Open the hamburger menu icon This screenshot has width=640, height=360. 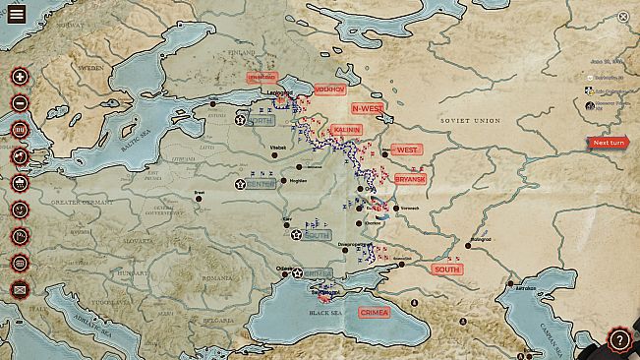tap(17, 15)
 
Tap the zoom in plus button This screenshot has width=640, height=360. tap(20, 77)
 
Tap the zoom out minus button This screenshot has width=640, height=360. tap(20, 103)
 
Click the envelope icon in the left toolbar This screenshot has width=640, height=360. tap(20, 289)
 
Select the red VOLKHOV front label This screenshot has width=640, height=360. tap(329, 90)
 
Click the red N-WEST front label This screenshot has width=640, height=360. tap(367, 107)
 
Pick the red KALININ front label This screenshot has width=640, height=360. tap(346, 130)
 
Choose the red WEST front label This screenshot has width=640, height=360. tap(406, 150)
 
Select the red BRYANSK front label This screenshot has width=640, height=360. tap(410, 179)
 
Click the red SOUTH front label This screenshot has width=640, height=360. tap(445, 270)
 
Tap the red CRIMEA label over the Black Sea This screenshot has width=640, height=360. tap(374, 313)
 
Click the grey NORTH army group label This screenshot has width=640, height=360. tap(261, 121)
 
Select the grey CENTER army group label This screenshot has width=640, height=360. tap(261, 184)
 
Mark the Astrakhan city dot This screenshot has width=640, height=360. tap(510, 286)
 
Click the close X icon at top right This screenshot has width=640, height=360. tap(623, 17)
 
